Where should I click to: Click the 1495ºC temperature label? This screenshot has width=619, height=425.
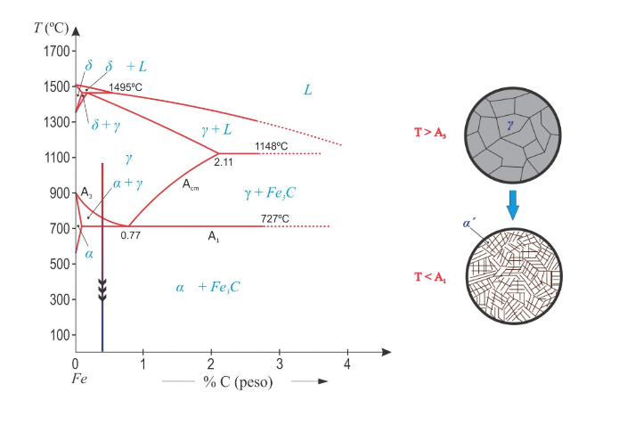[126, 87]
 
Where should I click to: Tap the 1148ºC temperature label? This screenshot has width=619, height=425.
[272, 145]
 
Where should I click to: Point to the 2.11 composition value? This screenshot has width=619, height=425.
[224, 162]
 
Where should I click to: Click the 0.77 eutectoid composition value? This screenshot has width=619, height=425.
[132, 236]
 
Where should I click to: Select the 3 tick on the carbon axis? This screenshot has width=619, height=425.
[279, 364]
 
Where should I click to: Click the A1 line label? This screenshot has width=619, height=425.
[214, 236]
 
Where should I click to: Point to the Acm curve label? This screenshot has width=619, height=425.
[191, 184]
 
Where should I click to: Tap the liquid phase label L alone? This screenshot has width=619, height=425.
[307, 90]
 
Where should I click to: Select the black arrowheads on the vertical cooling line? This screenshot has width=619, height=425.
[102, 288]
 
